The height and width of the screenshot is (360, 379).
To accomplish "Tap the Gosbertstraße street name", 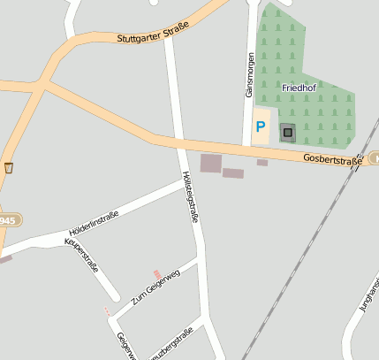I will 332,160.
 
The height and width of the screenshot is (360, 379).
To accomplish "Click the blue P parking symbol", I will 261,127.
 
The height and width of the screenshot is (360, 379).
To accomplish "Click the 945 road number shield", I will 7,220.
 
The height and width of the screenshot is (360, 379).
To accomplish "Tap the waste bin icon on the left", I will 9,167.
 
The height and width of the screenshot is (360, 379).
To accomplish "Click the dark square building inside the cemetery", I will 287,133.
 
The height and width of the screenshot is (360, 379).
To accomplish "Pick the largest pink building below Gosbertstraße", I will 211,163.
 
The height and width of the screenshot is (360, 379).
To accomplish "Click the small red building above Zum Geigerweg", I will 157,274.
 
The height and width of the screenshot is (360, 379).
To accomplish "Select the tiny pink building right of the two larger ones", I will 262,163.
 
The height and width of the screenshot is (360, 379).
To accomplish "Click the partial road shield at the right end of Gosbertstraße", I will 375,157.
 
